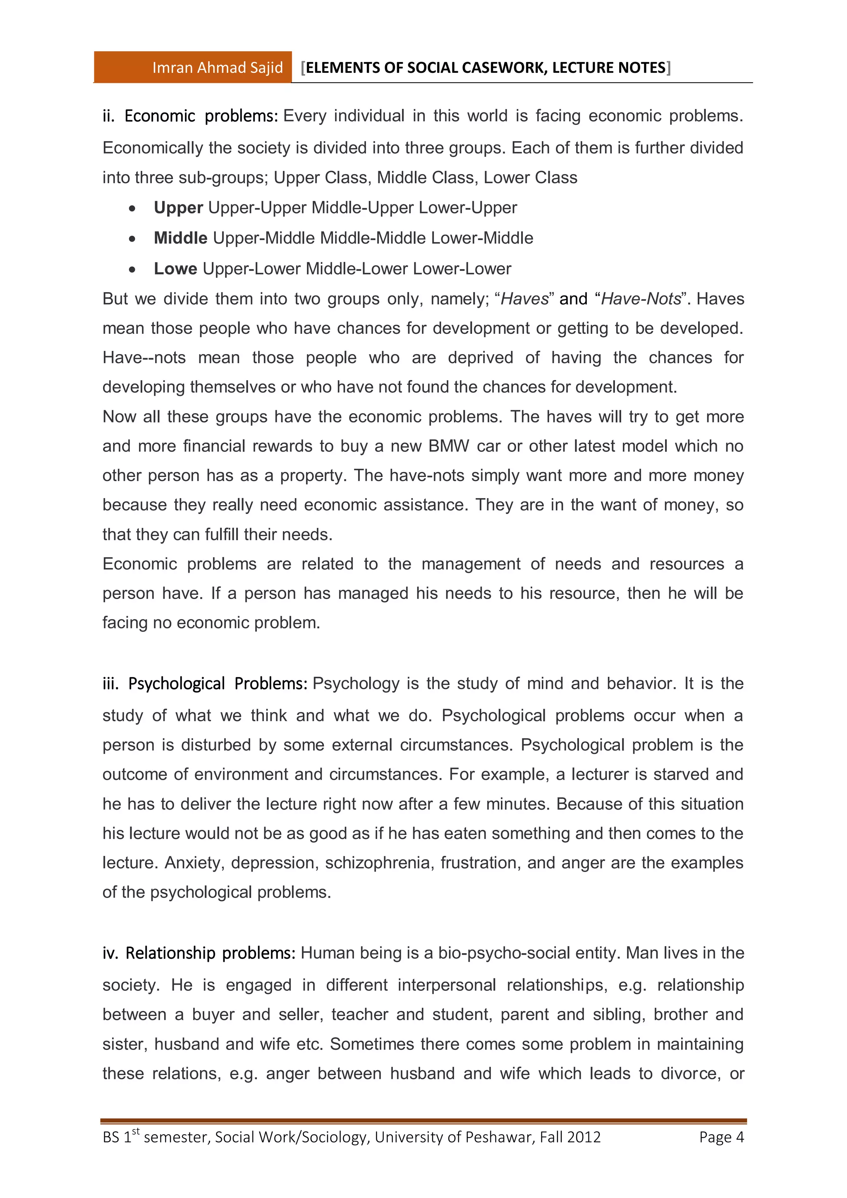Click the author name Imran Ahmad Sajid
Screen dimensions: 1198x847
click(217, 67)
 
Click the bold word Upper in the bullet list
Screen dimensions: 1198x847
click(178, 208)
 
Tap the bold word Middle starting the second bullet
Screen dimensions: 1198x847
click(180, 238)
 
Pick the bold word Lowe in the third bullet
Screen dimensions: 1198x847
click(175, 269)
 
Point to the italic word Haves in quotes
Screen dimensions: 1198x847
click(525, 299)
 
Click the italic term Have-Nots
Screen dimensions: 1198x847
click(641, 299)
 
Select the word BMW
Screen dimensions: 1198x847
click(449, 446)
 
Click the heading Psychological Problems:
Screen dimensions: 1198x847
click(218, 683)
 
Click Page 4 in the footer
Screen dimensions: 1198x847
click(721, 1137)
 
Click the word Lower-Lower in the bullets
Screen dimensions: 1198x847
click(462, 269)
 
